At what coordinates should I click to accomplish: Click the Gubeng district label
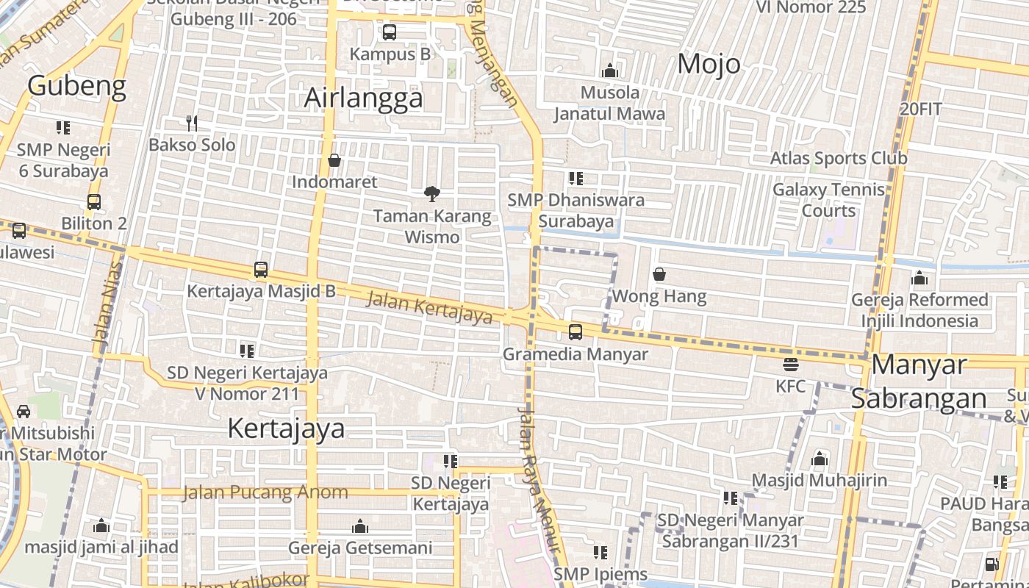[77, 86]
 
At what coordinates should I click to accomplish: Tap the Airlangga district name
[364, 98]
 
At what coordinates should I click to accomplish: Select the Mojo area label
[709, 64]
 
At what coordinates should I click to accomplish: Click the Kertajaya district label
[286, 428]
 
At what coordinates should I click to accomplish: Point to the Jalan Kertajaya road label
[429, 306]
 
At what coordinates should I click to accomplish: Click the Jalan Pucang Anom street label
[265, 492]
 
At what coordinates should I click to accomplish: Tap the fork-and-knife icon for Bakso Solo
[192, 123]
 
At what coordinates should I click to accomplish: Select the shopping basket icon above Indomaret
[334, 160]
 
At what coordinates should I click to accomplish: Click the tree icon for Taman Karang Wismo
[432, 194]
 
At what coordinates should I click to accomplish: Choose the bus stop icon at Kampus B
[390, 32]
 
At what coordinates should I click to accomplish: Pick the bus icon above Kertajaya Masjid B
[261, 270]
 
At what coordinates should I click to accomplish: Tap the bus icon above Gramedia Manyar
[576, 332]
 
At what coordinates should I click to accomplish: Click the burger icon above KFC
[791, 364]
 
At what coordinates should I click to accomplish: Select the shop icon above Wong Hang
[659, 275]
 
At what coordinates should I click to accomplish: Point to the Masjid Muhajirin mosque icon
[820, 459]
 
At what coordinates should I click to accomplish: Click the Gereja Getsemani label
[360, 548]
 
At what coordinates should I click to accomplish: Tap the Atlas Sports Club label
[839, 158]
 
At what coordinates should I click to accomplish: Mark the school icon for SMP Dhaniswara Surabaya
[576, 178]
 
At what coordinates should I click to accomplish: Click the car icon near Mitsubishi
[24, 411]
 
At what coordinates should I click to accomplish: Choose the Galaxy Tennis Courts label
[828, 200]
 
